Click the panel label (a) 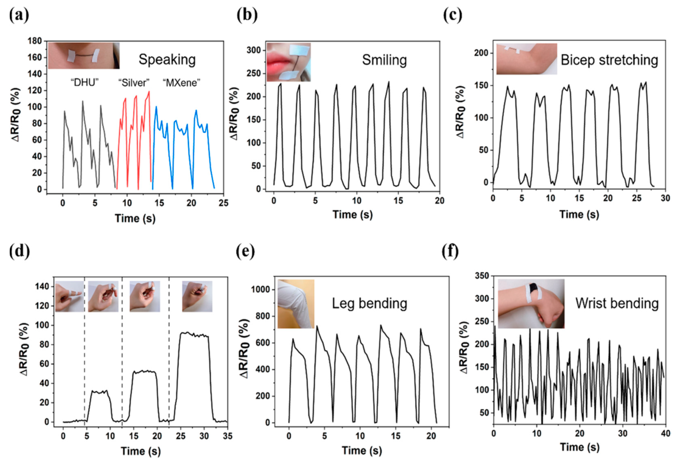[19, 15]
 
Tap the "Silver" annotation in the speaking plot [134, 83]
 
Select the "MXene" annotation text [182, 83]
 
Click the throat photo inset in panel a [84, 55]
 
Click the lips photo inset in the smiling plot [288, 62]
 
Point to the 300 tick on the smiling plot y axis [254, 50]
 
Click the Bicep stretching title [609, 60]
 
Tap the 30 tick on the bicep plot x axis [665, 198]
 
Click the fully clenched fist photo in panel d [197, 296]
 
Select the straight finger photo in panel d [70, 296]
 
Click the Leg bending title [369, 304]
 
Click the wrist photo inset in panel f [531, 304]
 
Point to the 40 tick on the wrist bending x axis [665, 433]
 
